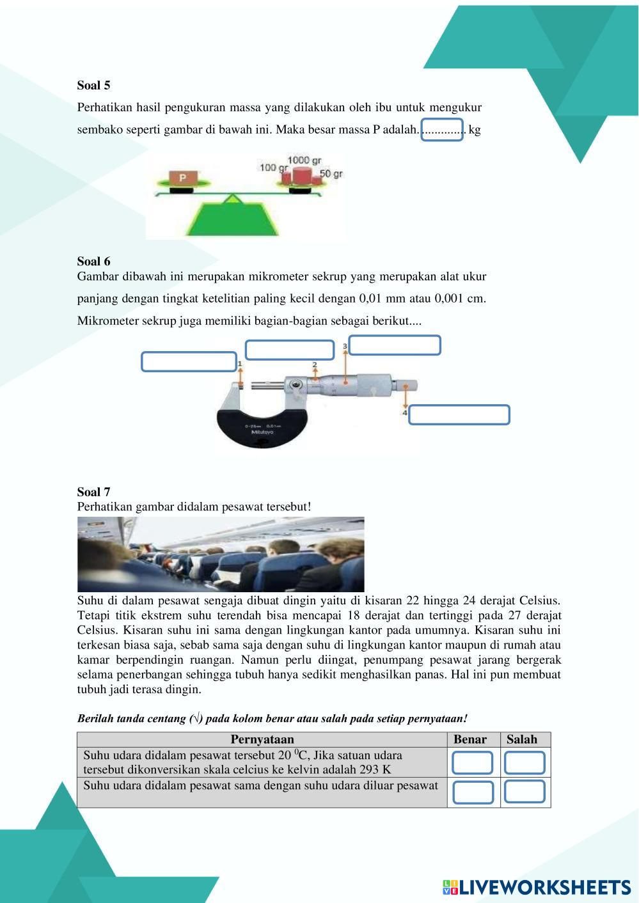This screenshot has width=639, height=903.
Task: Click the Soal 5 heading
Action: pos(93,85)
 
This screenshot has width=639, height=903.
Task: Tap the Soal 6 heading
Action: pos(93,261)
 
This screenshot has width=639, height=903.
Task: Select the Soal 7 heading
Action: pos(93,492)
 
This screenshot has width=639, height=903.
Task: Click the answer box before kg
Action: pos(441,130)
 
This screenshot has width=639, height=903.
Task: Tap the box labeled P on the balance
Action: pos(183,178)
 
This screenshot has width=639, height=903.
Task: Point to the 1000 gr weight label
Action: pos(304,160)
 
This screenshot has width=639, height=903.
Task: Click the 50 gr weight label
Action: pos(331,174)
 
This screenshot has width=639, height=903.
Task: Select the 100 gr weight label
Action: pos(272,168)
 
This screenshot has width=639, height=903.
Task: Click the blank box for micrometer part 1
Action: pos(189,362)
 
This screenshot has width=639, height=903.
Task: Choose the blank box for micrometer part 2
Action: pos(290,350)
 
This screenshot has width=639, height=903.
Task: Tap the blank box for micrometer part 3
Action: pos(395,345)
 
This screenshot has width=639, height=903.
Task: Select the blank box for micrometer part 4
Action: pos(459,415)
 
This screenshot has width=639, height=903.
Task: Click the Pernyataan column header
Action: pos(262,739)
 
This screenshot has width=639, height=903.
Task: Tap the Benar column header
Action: pos(470,739)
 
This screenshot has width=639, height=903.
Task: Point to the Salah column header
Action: pos(522,739)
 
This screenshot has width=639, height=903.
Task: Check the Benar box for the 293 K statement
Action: pos(473,763)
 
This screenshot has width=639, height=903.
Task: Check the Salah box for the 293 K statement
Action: pos(525,763)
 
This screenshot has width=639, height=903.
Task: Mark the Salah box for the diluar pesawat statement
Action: pos(525,792)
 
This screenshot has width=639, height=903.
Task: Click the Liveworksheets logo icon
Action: pos(450,887)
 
